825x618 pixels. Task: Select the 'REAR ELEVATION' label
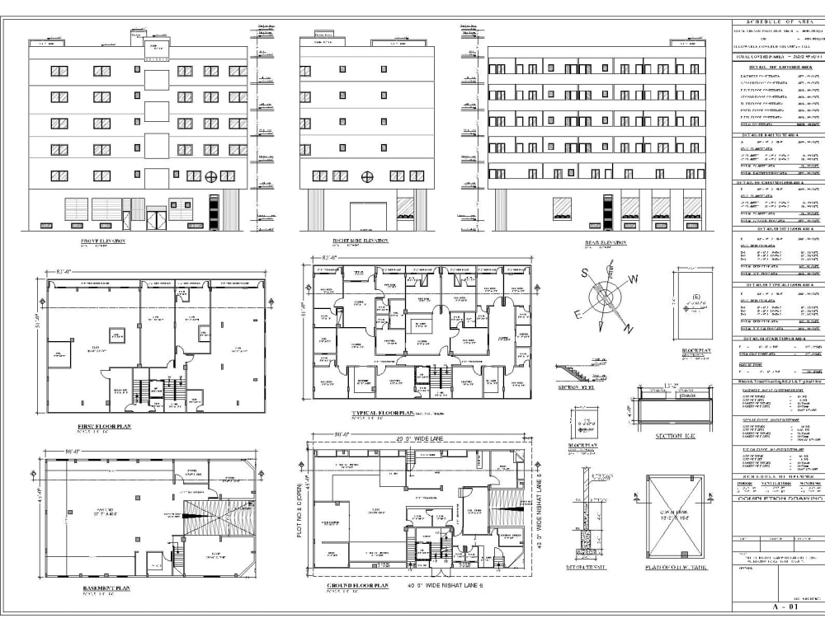(606, 242)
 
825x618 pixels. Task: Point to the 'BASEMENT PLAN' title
(106, 588)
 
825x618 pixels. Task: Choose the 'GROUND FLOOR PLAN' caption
(357, 585)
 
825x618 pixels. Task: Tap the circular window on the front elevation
(211, 176)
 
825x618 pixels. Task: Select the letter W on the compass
(634, 279)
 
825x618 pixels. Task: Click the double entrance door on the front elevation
(156, 218)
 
